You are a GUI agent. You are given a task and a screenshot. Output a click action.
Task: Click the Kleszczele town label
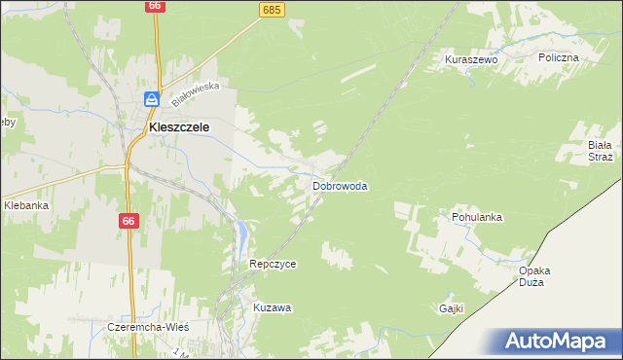click(178, 126)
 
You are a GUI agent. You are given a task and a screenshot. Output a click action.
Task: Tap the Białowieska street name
click(196, 92)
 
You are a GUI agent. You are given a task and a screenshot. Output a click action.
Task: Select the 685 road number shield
click(272, 10)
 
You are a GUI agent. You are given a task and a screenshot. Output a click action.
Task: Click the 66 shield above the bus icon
click(155, 6)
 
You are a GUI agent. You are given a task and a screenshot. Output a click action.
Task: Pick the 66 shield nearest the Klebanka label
click(128, 221)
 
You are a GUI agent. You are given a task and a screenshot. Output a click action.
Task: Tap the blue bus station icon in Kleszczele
click(152, 98)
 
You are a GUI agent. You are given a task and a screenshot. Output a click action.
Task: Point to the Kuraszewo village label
click(471, 59)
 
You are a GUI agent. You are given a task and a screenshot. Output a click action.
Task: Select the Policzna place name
click(559, 57)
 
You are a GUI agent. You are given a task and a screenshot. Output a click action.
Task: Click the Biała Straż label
click(600, 151)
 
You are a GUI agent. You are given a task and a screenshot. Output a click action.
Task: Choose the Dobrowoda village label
click(340, 185)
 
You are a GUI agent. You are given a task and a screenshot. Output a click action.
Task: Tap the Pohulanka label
click(476, 217)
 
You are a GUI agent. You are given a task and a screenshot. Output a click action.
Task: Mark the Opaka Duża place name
click(535, 275)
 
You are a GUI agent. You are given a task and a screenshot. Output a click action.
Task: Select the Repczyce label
click(273, 264)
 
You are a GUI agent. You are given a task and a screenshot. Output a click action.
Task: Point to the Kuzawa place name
click(273, 307)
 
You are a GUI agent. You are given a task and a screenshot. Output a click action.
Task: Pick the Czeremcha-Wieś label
click(147, 327)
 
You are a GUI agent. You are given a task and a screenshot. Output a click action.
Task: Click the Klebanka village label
click(26, 205)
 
